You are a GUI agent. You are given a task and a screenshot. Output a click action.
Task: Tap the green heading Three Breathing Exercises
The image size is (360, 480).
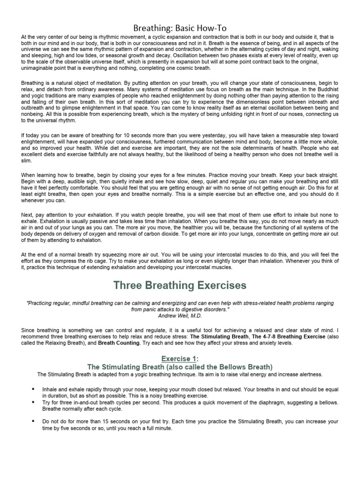[180, 285]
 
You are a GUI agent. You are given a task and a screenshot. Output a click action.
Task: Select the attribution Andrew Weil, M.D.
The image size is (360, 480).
[180, 316]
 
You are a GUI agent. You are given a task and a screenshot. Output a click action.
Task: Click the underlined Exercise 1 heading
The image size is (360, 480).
[180, 359]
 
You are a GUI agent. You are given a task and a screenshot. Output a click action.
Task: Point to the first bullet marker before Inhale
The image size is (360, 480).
[34, 389]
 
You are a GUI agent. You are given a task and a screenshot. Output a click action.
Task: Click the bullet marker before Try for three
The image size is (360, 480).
[34, 402]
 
